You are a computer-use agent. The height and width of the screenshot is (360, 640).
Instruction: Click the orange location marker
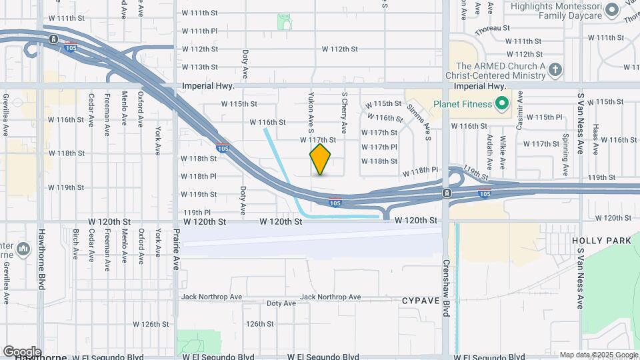tap(321, 159)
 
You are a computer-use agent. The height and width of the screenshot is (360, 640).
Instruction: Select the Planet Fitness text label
tap(463, 103)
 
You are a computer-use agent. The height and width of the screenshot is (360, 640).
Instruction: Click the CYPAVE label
tap(419, 301)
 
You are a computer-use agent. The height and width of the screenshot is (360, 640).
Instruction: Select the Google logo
tap(22, 351)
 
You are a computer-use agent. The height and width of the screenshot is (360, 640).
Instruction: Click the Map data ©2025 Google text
tap(598, 355)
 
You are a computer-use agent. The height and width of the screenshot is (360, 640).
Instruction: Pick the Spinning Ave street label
tap(565, 155)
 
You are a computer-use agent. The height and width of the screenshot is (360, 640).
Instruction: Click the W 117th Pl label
tap(379, 147)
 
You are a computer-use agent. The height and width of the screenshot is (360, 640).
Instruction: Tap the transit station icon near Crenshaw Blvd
tap(446, 193)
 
